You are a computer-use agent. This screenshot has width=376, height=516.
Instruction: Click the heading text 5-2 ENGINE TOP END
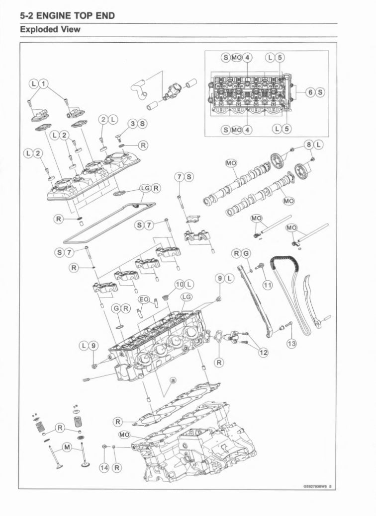pos(67,16)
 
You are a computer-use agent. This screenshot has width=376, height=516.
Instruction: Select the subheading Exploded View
pos(50,30)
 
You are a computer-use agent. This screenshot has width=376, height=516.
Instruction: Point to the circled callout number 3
pos(132,123)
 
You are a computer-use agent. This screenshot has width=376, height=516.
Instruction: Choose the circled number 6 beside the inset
pos(310,92)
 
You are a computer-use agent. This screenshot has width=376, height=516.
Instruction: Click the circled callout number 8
pos(309,145)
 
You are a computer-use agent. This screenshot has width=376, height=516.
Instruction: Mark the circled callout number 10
pos(180,284)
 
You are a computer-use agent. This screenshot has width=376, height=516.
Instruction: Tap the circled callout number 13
pos(292,343)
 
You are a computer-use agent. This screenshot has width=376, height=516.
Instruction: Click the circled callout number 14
pos(104,468)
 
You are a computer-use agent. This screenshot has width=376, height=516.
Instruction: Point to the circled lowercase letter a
pos(172,380)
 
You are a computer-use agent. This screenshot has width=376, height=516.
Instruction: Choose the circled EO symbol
pos(144,299)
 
